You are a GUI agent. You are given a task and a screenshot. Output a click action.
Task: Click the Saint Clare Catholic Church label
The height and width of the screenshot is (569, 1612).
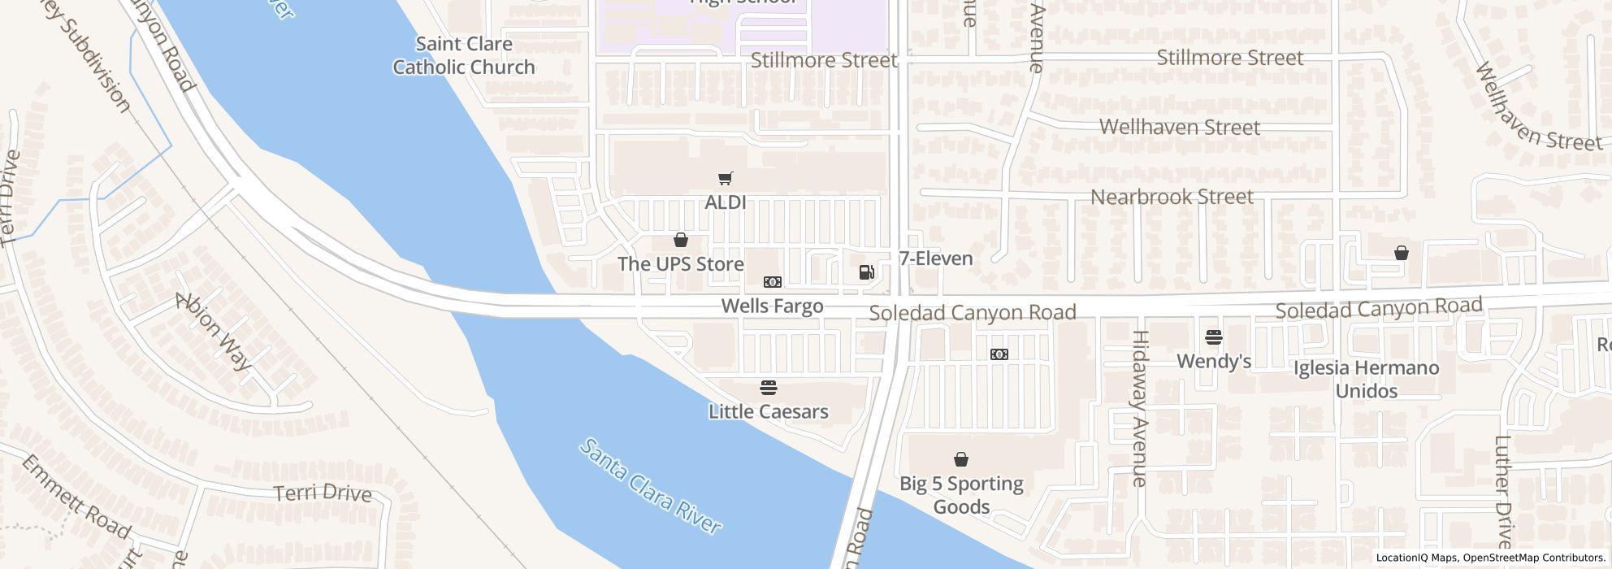464,55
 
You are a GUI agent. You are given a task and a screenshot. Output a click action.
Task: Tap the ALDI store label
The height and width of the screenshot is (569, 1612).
726,202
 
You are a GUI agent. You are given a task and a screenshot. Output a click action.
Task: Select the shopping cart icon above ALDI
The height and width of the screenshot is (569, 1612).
726,179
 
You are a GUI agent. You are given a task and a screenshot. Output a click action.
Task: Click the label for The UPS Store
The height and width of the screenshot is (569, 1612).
680,264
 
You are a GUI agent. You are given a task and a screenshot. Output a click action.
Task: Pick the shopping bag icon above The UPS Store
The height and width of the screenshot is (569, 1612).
681,241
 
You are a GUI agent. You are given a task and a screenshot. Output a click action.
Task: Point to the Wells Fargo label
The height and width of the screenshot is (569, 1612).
772,306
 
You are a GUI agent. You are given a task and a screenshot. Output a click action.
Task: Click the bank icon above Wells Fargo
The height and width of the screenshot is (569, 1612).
772,282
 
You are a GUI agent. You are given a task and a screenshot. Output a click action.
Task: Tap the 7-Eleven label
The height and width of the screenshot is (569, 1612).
936,258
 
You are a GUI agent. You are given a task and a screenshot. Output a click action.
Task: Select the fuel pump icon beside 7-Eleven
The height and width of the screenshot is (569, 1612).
867,272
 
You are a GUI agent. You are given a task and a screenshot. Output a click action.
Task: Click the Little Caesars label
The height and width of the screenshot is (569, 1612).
768,411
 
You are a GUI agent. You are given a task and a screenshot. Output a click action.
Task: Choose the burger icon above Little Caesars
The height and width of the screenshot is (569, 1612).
769,388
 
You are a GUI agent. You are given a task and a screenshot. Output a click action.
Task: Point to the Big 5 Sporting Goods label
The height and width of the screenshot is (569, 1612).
961,495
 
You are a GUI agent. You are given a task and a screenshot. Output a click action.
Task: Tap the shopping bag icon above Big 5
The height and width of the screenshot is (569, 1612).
961,460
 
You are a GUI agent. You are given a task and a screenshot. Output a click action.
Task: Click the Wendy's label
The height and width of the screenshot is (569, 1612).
1214,360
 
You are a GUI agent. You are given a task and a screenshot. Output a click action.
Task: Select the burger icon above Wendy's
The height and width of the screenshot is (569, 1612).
1214,337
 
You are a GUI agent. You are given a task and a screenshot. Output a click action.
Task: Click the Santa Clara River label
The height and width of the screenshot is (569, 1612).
651,487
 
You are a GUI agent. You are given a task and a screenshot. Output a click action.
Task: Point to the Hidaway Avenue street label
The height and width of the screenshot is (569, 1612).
1140,408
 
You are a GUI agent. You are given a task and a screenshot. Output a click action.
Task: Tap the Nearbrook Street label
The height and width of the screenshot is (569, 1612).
1172,197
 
